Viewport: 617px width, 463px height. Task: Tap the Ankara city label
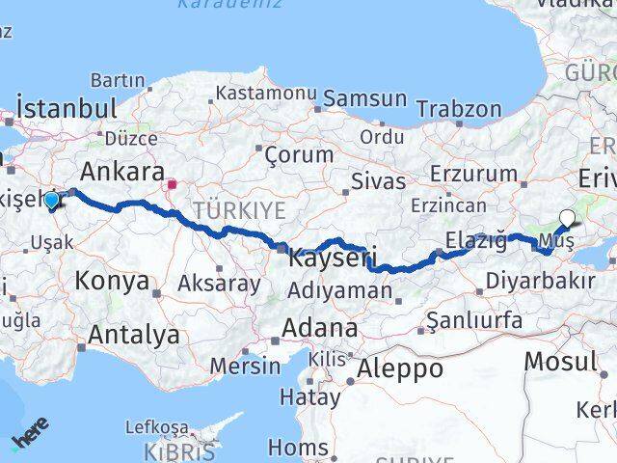coord(122,172)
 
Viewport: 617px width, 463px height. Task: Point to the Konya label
coord(115,282)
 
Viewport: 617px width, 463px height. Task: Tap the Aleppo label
coord(400,368)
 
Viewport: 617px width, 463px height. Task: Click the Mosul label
coord(560,362)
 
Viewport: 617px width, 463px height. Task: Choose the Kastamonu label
coord(266,94)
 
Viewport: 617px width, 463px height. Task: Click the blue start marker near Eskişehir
coord(51,200)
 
